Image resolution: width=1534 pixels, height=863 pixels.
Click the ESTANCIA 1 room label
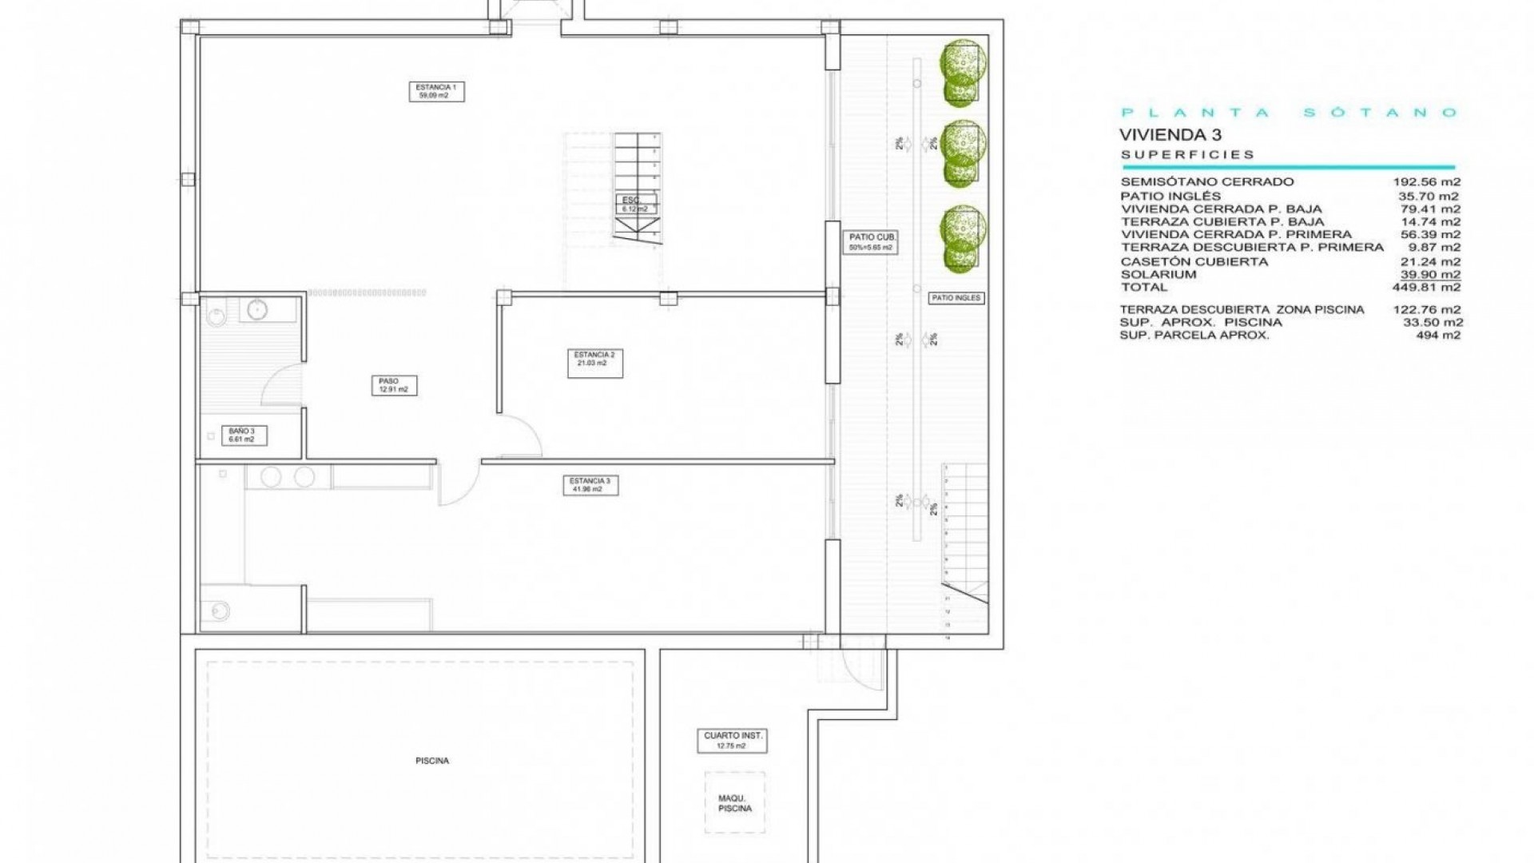436,91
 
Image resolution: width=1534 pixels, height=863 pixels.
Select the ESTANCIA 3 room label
590,484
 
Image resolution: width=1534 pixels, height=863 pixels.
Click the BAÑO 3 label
242,435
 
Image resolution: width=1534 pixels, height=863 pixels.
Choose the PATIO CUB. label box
870,242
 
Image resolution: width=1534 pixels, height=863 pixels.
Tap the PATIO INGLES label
956,298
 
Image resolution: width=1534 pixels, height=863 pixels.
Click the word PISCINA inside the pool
432,761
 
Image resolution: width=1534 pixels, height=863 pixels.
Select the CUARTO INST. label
732,740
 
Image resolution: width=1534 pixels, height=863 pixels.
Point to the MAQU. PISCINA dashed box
734,803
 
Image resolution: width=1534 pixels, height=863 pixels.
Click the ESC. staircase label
636,204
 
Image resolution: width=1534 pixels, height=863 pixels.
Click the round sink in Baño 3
256,308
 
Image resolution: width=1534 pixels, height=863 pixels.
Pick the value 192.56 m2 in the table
1427,182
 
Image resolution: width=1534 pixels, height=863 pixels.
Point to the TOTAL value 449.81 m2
1427,287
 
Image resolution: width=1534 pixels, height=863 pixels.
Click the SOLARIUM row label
1158,274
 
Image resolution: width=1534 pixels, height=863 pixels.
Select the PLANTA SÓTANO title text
1290,113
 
